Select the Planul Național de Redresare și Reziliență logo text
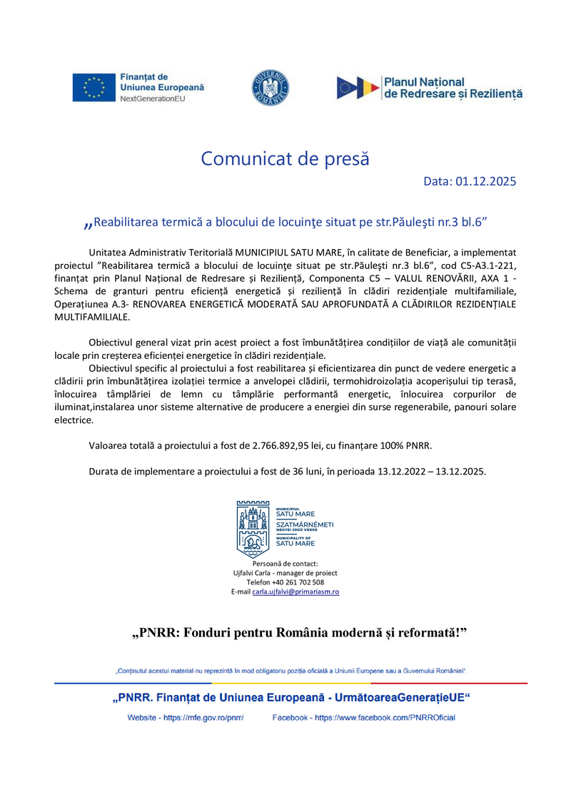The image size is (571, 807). [x=453, y=88]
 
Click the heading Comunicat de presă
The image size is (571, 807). [x=285, y=158]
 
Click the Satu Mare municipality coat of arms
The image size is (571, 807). [x=253, y=529]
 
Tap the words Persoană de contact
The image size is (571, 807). [x=285, y=564]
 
